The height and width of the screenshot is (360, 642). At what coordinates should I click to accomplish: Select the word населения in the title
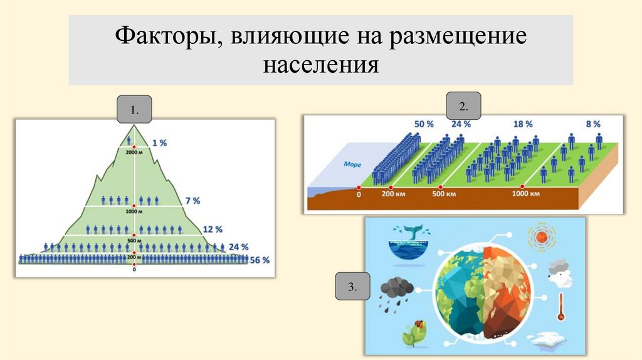click(320, 64)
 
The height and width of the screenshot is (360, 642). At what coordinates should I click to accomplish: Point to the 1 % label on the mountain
click(159, 142)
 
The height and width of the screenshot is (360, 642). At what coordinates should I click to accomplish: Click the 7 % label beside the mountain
click(192, 201)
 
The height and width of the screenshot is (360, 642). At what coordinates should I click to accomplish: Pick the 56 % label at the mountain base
click(260, 260)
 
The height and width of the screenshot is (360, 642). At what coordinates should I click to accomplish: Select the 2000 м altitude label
click(134, 152)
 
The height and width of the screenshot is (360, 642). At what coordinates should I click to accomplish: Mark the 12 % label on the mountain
click(214, 230)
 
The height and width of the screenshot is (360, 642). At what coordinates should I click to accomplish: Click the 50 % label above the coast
click(424, 124)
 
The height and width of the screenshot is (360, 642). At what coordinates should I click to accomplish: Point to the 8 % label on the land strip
click(593, 124)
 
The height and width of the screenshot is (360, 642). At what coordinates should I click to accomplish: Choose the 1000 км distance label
click(526, 194)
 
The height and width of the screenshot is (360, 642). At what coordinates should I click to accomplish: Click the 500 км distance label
click(443, 194)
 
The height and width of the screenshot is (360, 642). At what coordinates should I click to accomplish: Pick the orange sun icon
click(542, 238)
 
